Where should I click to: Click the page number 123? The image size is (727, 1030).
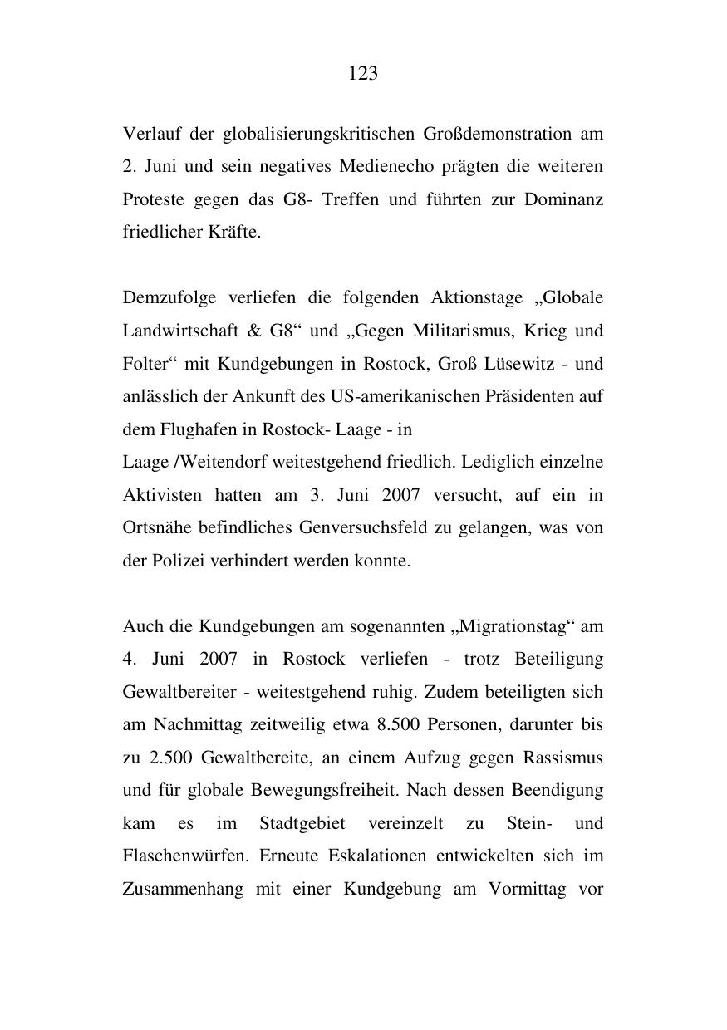point(363,74)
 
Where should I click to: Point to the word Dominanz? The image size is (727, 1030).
point(563,200)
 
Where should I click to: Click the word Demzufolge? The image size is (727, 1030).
point(163,298)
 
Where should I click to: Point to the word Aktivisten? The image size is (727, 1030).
point(162,495)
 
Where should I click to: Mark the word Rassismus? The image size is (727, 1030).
point(562,758)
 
